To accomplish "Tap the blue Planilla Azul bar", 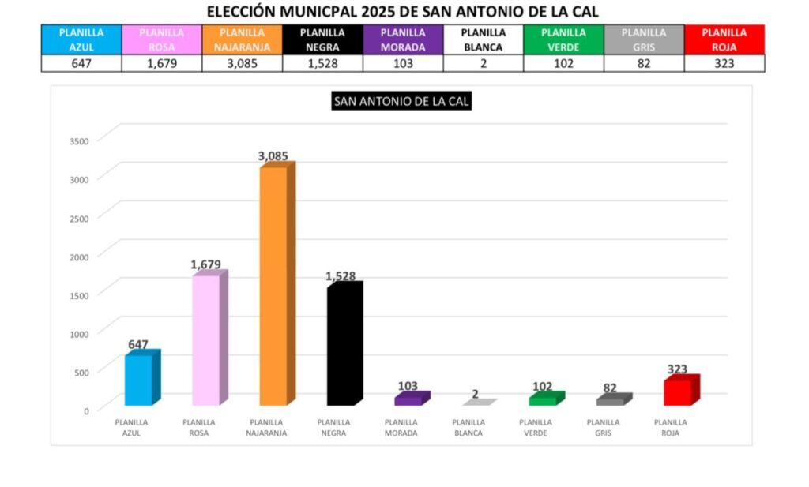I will coord(138,379).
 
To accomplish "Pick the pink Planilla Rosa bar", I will coord(206,339).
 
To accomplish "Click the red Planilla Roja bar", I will coord(678,391).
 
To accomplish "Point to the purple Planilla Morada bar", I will coord(408,399).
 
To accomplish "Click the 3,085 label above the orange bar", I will coord(273,156).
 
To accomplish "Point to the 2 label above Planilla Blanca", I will coord(476,394).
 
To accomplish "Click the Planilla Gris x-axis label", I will coord(603,427).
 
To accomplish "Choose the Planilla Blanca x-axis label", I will coord(468,427).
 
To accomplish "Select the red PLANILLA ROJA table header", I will coord(724,39).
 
